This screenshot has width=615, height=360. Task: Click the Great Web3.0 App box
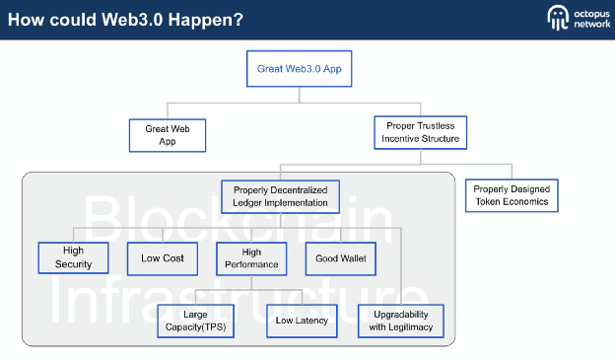click(299, 69)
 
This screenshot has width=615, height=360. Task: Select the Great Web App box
click(168, 134)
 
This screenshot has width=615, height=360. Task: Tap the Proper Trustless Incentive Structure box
click(421, 132)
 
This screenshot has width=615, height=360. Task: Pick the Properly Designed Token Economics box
click(512, 195)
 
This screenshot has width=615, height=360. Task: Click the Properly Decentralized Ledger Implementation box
click(280, 196)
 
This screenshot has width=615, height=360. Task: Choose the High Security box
click(73, 257)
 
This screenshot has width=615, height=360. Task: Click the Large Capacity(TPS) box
click(195, 321)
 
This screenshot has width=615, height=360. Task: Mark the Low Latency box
click(298, 321)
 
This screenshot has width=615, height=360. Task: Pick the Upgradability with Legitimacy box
click(401, 321)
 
